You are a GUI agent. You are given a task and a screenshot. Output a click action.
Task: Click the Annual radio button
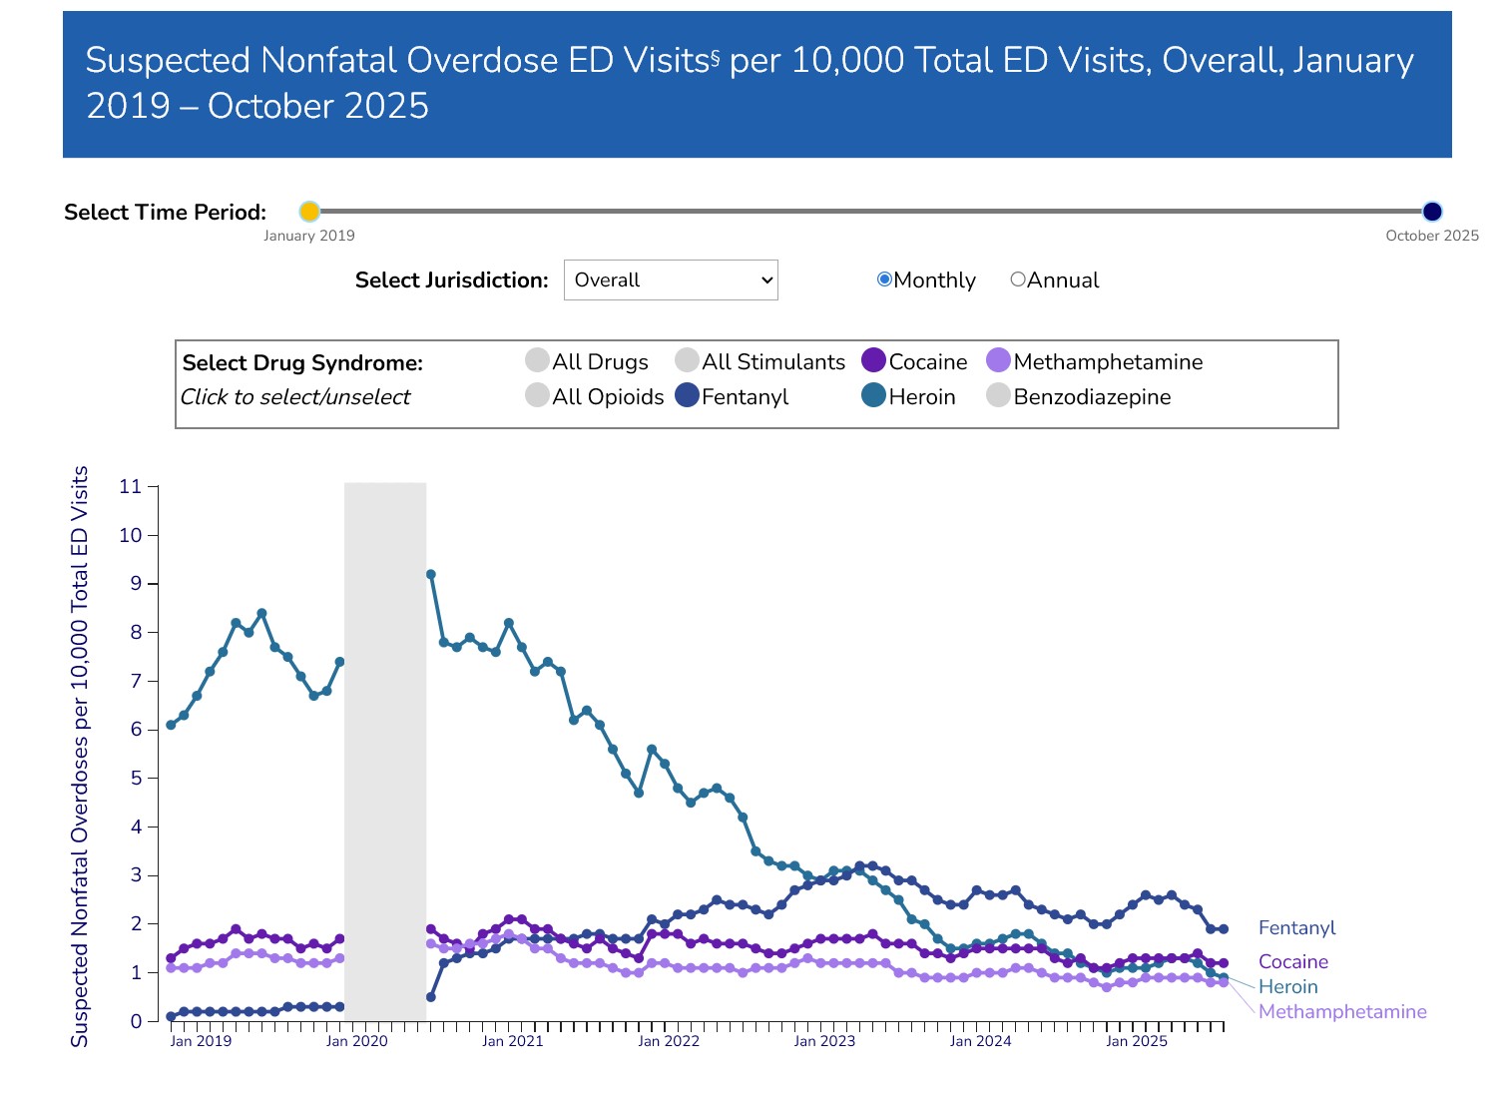(1018, 279)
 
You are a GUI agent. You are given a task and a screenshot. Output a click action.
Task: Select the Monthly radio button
(884, 279)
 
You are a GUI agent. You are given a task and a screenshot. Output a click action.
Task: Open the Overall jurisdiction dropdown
(671, 280)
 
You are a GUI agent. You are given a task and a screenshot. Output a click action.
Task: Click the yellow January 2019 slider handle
(309, 212)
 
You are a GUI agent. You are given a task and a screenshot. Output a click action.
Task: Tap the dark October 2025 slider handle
(1432, 212)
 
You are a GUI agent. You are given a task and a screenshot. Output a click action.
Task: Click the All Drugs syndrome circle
(537, 360)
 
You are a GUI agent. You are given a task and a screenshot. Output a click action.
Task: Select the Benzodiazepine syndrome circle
(998, 395)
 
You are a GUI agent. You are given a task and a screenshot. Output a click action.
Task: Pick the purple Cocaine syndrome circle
(873, 360)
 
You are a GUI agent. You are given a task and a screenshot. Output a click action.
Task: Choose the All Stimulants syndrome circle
(687, 360)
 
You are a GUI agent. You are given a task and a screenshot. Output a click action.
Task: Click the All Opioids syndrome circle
(537, 395)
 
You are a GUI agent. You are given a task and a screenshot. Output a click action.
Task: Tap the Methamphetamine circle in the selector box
(998, 360)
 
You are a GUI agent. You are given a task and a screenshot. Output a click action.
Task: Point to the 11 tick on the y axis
(131, 487)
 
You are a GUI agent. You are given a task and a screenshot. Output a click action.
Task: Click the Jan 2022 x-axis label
(669, 1041)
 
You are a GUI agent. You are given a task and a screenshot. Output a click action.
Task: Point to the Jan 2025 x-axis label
(1136, 1041)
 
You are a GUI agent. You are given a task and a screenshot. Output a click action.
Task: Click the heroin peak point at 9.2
(431, 575)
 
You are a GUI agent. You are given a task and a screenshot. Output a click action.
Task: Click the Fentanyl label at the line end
(1296, 928)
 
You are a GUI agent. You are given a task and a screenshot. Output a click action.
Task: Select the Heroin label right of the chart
(1287, 987)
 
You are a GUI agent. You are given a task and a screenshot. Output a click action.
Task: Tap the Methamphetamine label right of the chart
(1342, 1012)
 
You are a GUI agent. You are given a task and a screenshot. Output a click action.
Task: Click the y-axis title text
(80, 756)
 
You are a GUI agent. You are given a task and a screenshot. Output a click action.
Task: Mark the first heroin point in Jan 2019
(171, 725)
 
